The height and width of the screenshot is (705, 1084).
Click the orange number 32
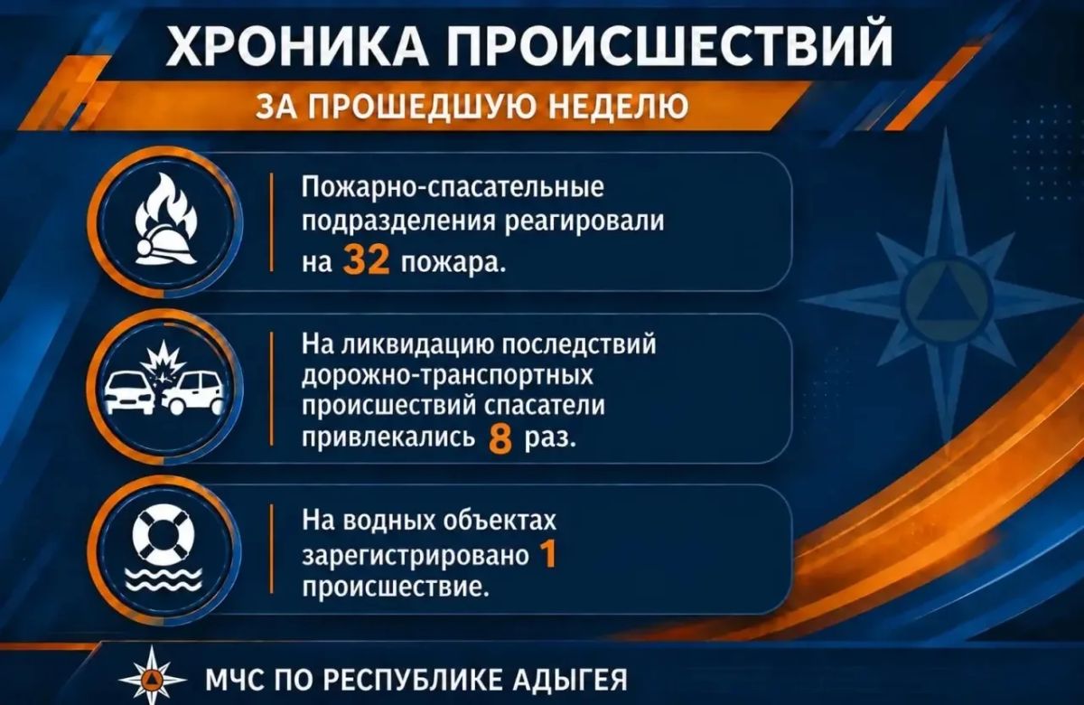tap(366, 261)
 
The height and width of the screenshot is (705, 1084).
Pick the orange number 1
tap(548, 554)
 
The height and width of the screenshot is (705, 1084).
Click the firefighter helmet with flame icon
tap(165, 220)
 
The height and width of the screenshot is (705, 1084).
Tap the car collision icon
tap(165, 379)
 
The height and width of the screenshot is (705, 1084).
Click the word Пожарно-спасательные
tap(453, 186)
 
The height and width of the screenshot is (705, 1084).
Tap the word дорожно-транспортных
tap(448, 376)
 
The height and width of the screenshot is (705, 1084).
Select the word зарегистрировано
tap(416, 556)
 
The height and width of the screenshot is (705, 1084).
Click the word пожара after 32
tap(453, 263)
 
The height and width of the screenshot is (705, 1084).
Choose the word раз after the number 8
tap(551, 439)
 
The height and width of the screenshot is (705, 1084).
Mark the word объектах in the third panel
tap(500, 520)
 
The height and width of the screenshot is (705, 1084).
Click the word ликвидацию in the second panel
tap(415, 344)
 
